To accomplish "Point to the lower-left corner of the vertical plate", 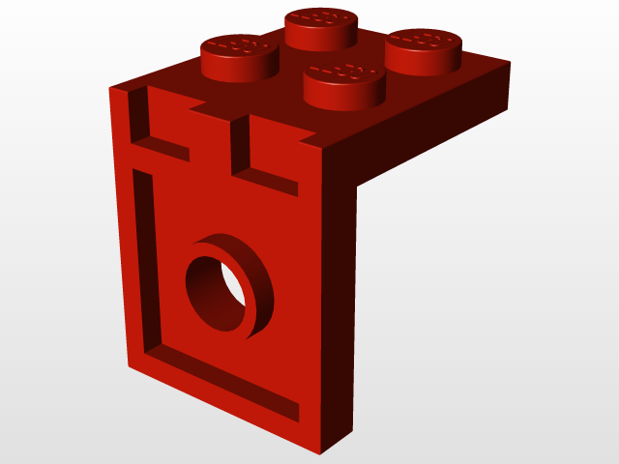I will [128, 365].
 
